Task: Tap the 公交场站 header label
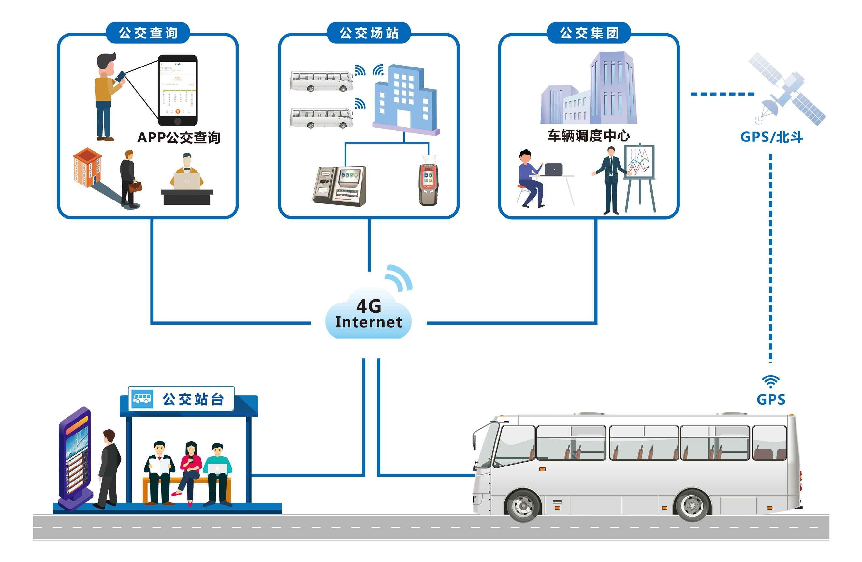coord(369,33)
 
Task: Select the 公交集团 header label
coord(589,33)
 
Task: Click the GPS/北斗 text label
coord(771,137)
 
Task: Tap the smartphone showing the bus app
coord(178,90)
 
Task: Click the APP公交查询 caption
coord(179,138)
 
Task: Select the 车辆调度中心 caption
coord(589,136)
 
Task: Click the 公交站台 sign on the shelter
coord(181,399)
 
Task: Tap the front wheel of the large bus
coord(523,506)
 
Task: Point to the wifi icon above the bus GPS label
coord(770,381)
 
